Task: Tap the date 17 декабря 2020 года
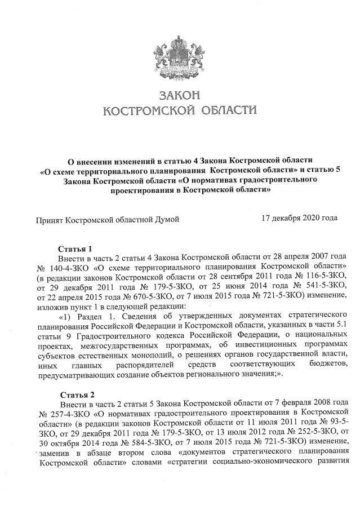coord(299,218)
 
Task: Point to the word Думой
coord(166,219)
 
